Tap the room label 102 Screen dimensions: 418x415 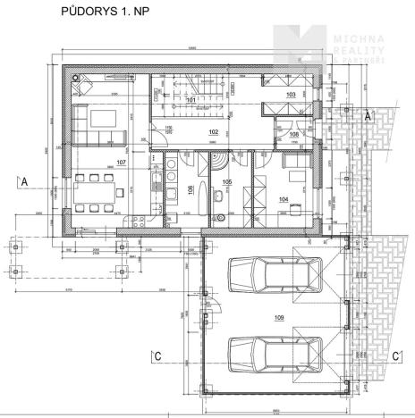[x=213, y=131]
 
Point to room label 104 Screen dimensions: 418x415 [x=283, y=200]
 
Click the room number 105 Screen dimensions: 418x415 [x=227, y=181]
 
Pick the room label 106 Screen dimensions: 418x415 [x=190, y=188]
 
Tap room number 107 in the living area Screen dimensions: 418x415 [x=122, y=163]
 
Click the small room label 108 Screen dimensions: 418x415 [x=293, y=134]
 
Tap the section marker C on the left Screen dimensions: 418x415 [x=157, y=357]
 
